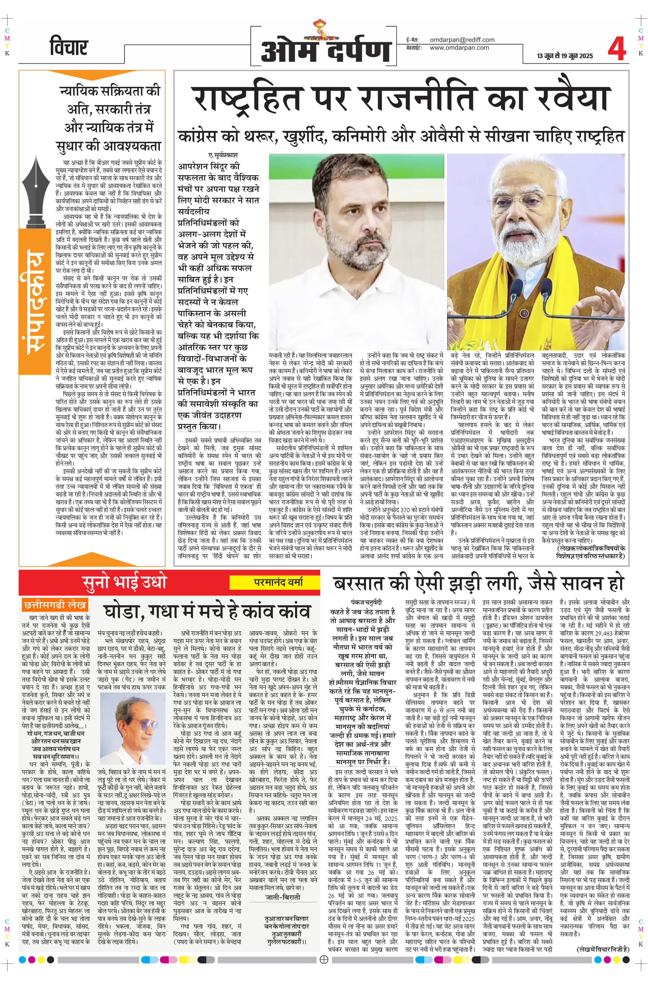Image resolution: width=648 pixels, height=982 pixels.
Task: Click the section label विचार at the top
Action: [69, 48]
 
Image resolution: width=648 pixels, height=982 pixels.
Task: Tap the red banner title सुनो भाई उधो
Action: [124, 582]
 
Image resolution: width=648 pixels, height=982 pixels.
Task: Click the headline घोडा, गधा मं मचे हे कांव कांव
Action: [207, 611]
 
